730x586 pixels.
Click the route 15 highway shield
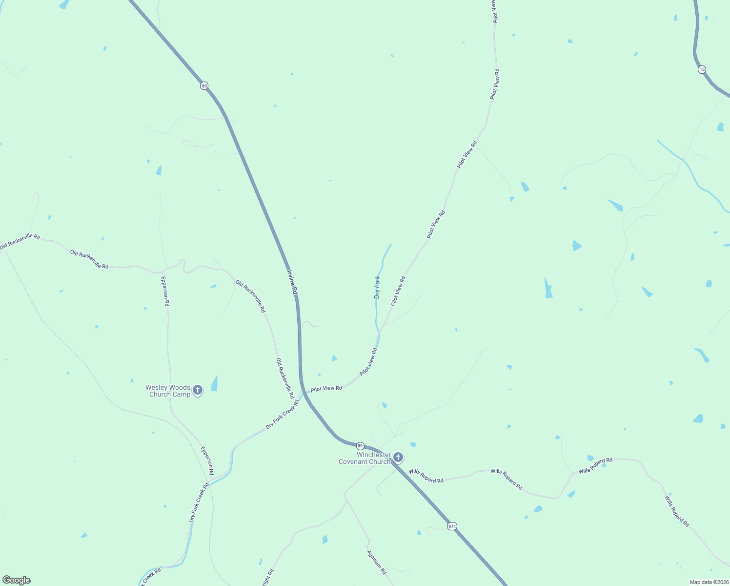pyautogui.click(x=702, y=69)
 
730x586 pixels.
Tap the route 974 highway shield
pyautogui.click(x=452, y=526)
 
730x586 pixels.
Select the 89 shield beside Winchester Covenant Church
pyautogui.click(x=360, y=446)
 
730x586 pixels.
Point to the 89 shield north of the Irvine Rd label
pyautogui.click(x=204, y=86)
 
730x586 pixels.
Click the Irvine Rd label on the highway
pyautogui.click(x=292, y=282)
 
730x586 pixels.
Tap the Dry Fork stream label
pyautogui.click(x=377, y=287)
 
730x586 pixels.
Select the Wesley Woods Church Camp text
pyautogui.click(x=168, y=391)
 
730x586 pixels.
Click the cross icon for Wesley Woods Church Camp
pyautogui.click(x=198, y=390)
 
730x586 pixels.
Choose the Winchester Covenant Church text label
pyautogui.click(x=365, y=458)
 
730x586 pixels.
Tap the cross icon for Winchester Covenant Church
pyautogui.click(x=398, y=458)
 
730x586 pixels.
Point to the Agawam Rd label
pyautogui.click(x=377, y=562)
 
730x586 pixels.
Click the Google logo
pyautogui.click(x=17, y=580)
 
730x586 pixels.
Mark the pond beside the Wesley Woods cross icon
pyautogui.click(x=215, y=384)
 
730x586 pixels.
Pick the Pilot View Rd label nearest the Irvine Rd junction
pyautogui.click(x=326, y=388)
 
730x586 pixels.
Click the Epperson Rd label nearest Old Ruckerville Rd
pyautogui.click(x=165, y=291)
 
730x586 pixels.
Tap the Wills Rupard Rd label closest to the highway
pyautogui.click(x=426, y=476)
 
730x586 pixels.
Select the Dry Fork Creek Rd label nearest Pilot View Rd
pyautogui.click(x=282, y=415)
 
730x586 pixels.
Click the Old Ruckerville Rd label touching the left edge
pyautogui.click(x=20, y=242)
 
